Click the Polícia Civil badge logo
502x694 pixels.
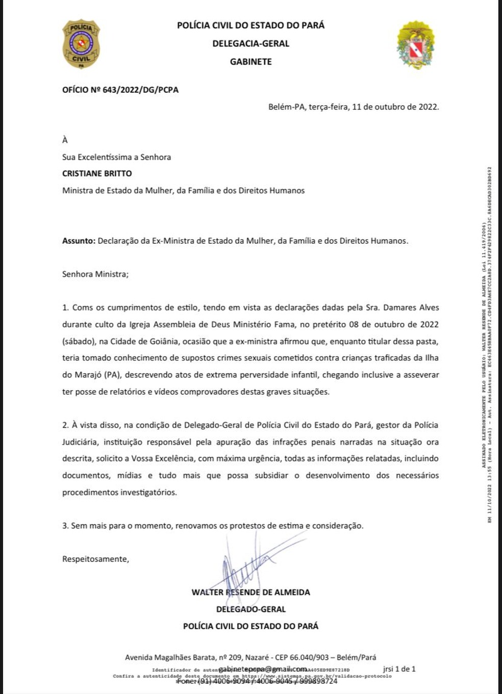[81, 44]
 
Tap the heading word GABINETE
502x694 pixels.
[250, 62]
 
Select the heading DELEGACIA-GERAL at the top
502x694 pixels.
[250, 44]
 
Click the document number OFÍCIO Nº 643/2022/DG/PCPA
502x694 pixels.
[120, 90]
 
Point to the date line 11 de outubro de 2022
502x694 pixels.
[395, 107]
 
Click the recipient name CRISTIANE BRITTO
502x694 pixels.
[97, 173]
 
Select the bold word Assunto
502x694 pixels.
[79, 241]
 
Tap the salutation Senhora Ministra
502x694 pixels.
[95, 274]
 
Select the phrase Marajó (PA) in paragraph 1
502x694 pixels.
[90, 375]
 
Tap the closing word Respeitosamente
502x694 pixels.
[95, 559]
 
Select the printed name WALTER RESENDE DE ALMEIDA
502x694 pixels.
[250, 593]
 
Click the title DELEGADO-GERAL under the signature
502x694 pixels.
[250, 609]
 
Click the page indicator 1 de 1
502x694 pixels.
[405, 669]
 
